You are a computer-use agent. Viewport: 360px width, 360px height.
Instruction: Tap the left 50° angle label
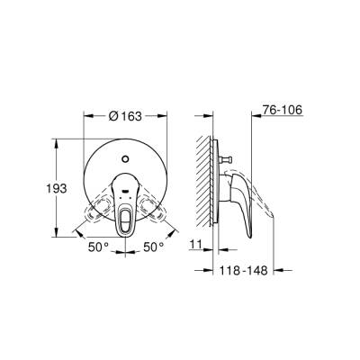[98, 245]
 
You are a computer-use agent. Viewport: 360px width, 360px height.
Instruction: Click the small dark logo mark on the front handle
[125, 193]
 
